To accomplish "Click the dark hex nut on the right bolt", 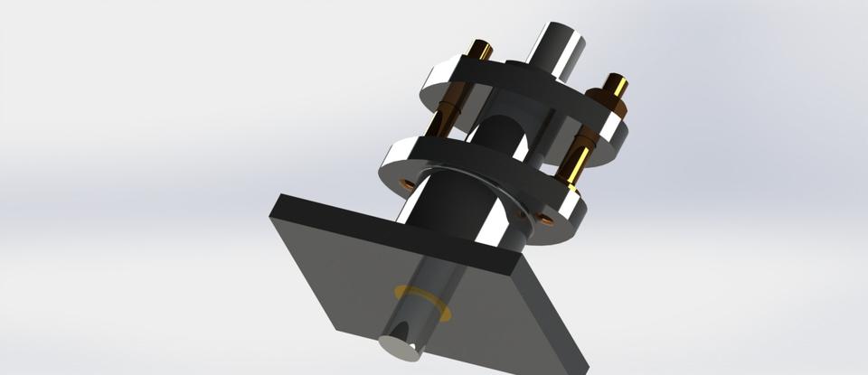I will point(603,100).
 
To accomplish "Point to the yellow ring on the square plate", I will point(421,302).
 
